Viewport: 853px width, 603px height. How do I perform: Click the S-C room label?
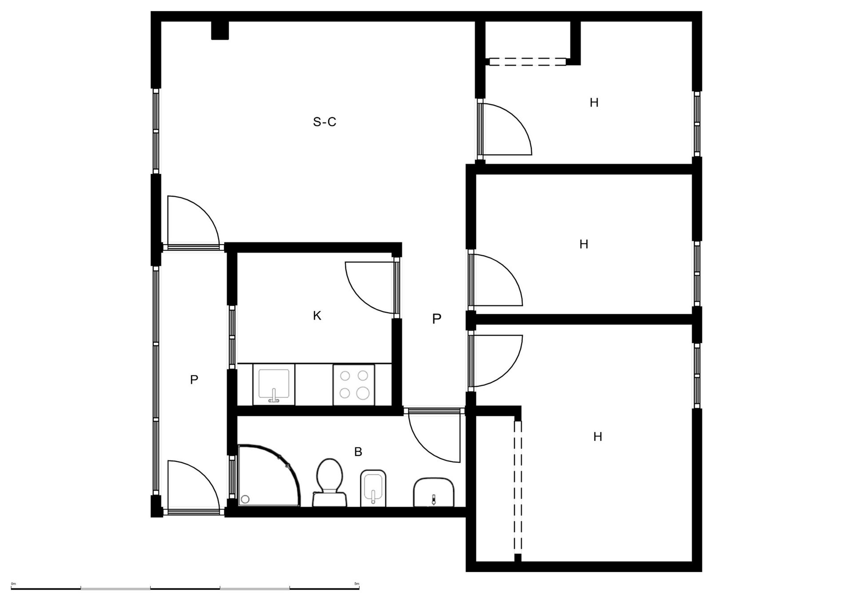coord(324,122)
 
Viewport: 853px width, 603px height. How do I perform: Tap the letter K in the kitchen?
coord(317,316)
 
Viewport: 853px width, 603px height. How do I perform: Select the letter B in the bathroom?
coord(358,452)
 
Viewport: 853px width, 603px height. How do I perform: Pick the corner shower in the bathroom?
coord(269,475)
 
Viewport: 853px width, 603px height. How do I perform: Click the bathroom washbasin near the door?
coord(434,492)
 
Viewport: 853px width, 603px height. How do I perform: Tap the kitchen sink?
coord(274,385)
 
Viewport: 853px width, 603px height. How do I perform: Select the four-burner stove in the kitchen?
coord(354,385)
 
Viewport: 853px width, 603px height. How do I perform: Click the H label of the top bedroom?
coord(594,103)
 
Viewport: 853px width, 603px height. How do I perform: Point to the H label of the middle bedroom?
coord(584,244)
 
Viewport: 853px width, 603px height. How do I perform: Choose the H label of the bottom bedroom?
coord(598,437)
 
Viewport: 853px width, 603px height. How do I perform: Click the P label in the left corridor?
coord(194,380)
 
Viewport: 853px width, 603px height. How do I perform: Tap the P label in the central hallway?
coord(437,318)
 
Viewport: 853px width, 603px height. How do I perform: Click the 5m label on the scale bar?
coord(356,583)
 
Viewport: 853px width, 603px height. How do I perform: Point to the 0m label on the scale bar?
coord(13,583)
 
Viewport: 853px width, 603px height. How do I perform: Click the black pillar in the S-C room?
coord(220,30)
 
